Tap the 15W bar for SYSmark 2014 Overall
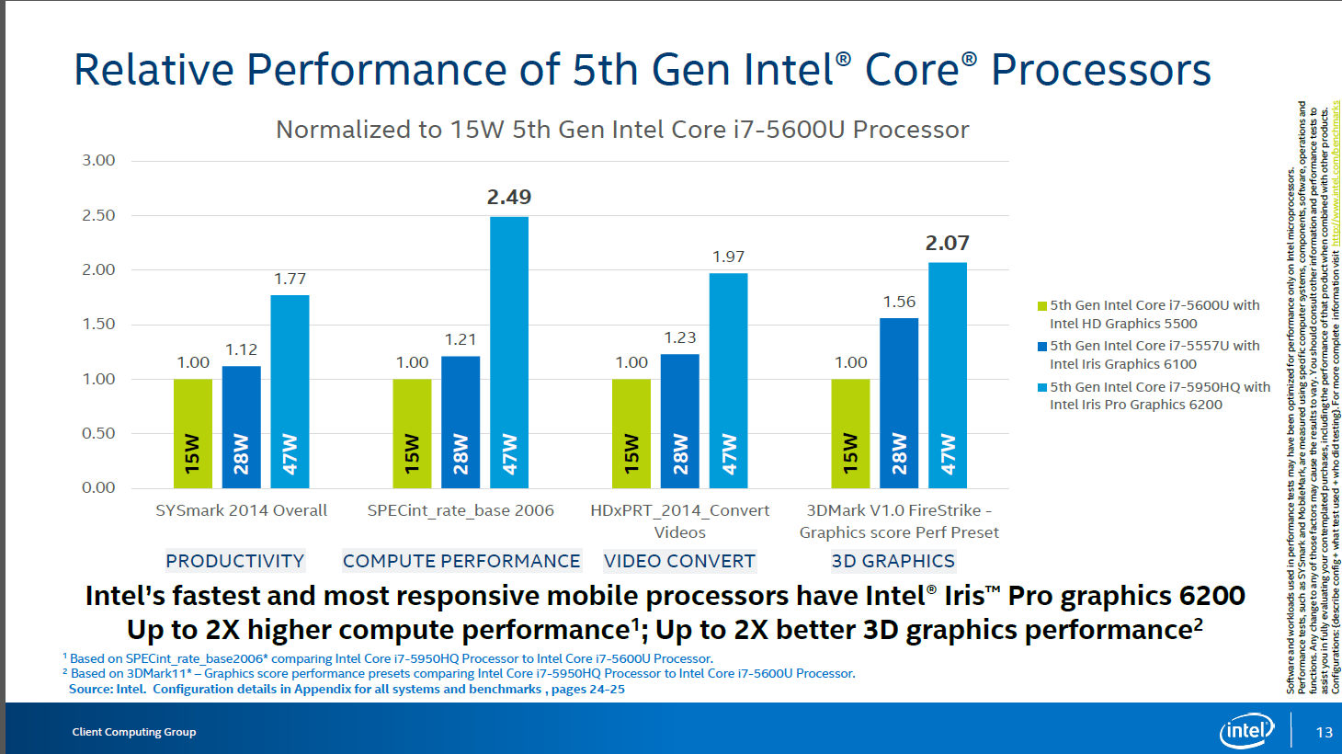pyautogui.click(x=193, y=433)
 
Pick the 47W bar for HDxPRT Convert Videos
pyautogui.click(x=728, y=381)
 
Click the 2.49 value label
pyautogui.click(x=509, y=198)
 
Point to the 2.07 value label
pyautogui.click(x=947, y=244)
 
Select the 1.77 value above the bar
pyautogui.click(x=290, y=279)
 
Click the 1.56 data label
pyautogui.click(x=899, y=302)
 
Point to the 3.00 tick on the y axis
pyautogui.click(x=99, y=161)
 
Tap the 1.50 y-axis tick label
pyautogui.click(x=99, y=325)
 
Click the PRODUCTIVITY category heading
pyautogui.click(x=235, y=561)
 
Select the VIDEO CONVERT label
pyautogui.click(x=679, y=561)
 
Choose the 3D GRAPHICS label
pyautogui.click(x=893, y=561)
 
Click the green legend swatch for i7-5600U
pyautogui.click(x=1042, y=306)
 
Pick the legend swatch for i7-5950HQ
pyautogui.click(x=1042, y=388)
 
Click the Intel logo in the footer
pyautogui.click(x=1246, y=731)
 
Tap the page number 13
pyautogui.click(x=1324, y=732)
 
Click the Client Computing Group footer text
pyautogui.click(x=134, y=732)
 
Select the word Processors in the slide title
pyautogui.click(x=1100, y=70)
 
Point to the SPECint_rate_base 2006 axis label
pyautogui.click(x=461, y=510)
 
